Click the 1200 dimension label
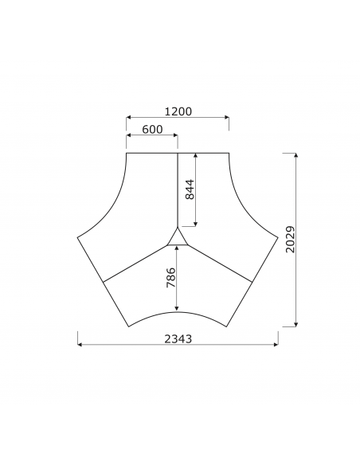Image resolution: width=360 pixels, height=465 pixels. click(x=178, y=112)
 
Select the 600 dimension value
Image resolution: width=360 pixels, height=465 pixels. click(x=152, y=130)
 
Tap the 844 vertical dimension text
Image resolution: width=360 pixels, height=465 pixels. click(x=190, y=190)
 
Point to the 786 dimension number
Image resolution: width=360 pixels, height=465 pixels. click(x=170, y=278)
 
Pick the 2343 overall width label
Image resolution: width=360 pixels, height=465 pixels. click(x=178, y=338)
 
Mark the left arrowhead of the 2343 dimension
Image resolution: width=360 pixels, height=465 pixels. click(x=80, y=345)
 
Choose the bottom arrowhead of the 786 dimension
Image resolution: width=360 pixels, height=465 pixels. click(x=178, y=309)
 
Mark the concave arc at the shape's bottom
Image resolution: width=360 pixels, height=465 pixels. click(x=178, y=312)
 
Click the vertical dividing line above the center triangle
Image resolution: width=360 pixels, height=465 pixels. click(x=178, y=191)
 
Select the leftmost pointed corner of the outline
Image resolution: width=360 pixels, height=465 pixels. click(x=77, y=236)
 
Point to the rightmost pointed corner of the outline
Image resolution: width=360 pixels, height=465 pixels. click(x=278, y=236)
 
